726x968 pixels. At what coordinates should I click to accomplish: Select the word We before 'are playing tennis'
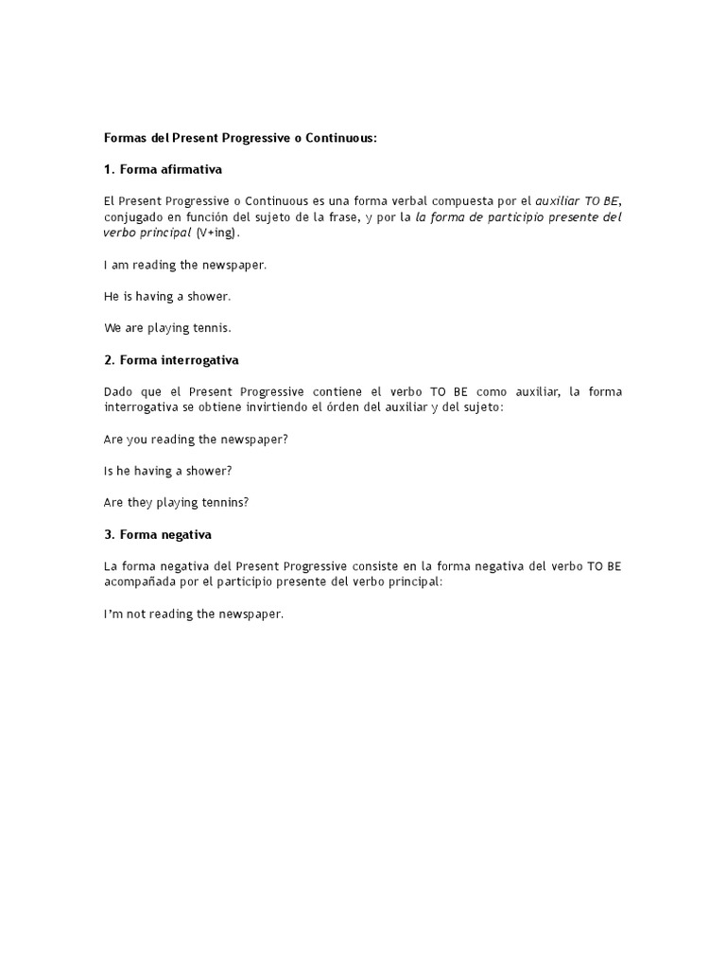tap(112, 329)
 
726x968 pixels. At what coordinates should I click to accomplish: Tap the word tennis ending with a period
tap(213, 329)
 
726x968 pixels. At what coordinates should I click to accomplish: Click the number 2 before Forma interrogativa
tap(108, 360)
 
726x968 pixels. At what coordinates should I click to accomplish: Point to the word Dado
tap(118, 391)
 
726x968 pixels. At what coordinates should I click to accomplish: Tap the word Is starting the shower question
tap(109, 471)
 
